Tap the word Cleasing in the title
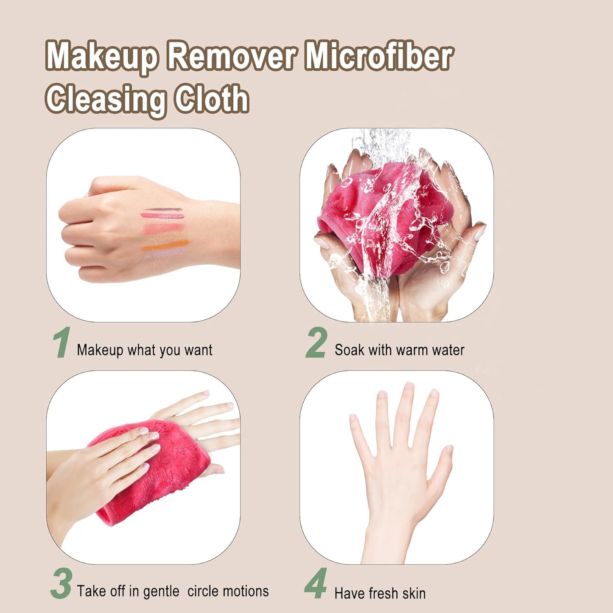[106, 99]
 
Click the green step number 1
[62, 343]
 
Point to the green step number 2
[316, 343]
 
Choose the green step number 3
[61, 584]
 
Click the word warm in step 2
[411, 350]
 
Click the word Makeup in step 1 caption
[100, 350]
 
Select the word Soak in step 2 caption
[350, 350]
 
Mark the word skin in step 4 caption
[414, 593]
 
